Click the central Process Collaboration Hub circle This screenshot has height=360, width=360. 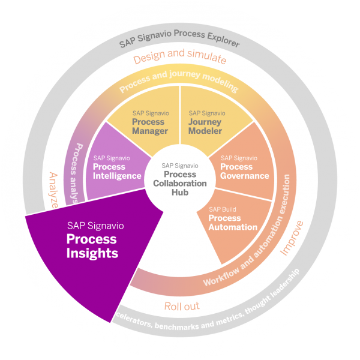click(181, 178)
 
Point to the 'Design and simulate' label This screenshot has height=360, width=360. click(180, 59)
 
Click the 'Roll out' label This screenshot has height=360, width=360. click(182, 306)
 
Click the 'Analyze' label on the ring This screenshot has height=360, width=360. click(52, 190)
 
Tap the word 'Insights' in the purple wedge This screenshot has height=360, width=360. click(92, 253)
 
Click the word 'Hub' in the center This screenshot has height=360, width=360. click(181, 192)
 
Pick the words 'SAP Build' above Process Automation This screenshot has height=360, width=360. click(221, 209)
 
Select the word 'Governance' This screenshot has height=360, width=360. click(245, 176)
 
